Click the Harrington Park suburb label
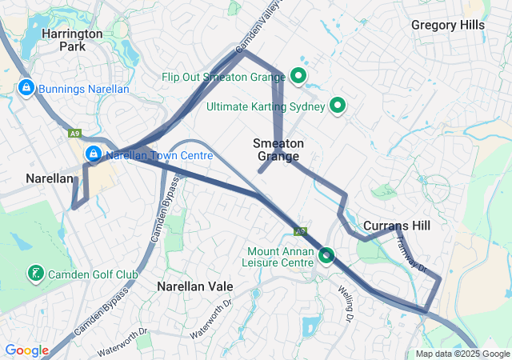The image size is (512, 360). click(72, 40)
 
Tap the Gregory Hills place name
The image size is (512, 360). click(448, 25)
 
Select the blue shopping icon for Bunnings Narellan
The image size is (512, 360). click(26, 86)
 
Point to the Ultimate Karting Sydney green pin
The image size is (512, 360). click(338, 105)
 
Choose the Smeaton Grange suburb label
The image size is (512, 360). click(278, 150)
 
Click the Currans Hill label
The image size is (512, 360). click(396, 226)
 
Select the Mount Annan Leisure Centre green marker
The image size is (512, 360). click(326, 255)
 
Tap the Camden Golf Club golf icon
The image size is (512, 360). click(35, 274)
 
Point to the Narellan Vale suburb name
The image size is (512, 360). click(195, 286)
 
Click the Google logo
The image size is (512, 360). click(26, 350)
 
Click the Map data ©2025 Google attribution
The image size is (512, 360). click(462, 354)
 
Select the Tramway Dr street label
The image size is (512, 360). click(412, 255)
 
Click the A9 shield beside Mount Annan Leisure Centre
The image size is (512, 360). click(301, 231)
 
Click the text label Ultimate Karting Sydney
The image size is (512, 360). click(266, 106)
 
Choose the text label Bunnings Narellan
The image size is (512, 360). click(83, 88)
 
